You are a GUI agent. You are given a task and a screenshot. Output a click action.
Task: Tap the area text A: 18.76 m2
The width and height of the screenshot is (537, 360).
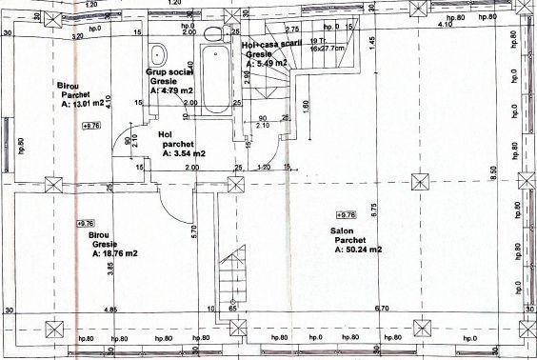[x=115, y=254]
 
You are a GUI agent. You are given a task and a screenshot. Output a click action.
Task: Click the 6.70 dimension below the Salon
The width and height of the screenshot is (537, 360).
[x=382, y=310]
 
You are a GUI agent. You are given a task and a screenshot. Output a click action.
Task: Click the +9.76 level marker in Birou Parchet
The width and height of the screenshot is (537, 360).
[x=91, y=125]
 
